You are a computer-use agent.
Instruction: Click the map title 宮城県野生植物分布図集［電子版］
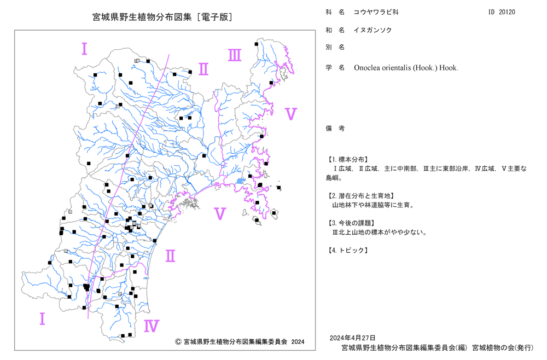pos(162,17)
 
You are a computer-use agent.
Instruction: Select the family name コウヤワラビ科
pos(376,12)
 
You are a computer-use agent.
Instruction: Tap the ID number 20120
pos(507,12)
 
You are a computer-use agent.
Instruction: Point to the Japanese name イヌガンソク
pos(373,30)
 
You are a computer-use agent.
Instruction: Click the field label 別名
pos(335,47)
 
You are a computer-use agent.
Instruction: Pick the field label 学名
pos(335,68)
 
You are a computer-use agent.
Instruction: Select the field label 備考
pos(335,129)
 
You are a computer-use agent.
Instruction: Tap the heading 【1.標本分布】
pos(347,160)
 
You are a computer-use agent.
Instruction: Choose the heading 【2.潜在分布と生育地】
pos(360,196)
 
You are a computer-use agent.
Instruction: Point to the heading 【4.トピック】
pos(347,251)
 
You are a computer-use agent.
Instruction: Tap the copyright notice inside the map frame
pos(240,342)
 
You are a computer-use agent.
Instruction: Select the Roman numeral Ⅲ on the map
pos(235,55)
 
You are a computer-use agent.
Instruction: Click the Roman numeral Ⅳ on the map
pos(152,326)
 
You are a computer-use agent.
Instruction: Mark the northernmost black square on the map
pos(257,44)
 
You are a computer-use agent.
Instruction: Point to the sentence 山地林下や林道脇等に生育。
pos(373,205)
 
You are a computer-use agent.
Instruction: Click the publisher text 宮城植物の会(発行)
pos(503,348)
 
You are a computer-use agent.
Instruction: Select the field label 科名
pos(335,12)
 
